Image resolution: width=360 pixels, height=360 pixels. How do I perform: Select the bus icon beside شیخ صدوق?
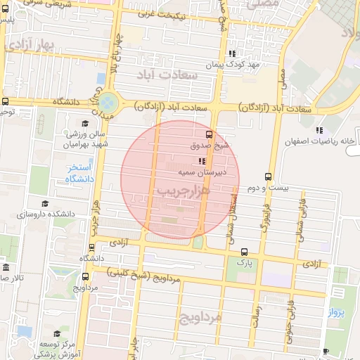tap(208, 134)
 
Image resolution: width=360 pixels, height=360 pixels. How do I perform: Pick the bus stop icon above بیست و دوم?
tap(267, 176)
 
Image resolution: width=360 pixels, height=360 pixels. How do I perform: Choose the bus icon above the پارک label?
tap(244, 252)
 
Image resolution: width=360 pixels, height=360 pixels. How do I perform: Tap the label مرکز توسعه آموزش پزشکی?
tap(57, 348)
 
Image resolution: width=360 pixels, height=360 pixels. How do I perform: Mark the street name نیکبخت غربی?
tap(173, 13)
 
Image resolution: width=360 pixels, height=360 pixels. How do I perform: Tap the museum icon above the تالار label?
tap(6, 268)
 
